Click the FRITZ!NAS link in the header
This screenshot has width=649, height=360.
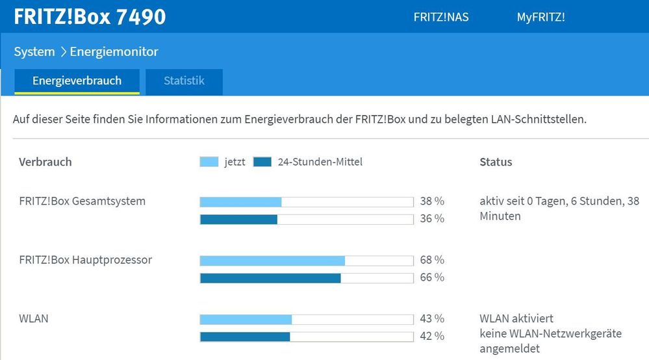[x=440, y=18]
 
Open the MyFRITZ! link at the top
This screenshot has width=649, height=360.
[x=541, y=18]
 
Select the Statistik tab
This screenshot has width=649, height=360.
[x=184, y=81]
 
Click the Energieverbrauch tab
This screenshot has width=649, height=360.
[x=77, y=81]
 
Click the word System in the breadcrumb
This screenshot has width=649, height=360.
[x=34, y=51]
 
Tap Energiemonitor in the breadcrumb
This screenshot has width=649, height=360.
[x=114, y=51]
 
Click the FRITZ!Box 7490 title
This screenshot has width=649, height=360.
[x=90, y=16]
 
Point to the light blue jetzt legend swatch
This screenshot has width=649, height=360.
[x=209, y=162]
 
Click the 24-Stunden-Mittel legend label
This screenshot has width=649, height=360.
[x=320, y=162]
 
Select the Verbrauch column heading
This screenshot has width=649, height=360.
[x=45, y=162]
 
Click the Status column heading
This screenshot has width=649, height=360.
[x=496, y=162]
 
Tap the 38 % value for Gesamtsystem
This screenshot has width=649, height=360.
[x=432, y=201]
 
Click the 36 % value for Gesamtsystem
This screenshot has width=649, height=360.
[x=432, y=219]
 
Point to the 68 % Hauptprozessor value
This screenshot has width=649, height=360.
[x=432, y=260]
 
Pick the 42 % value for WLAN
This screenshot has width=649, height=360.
[x=432, y=337]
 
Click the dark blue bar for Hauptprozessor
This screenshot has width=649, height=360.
[x=270, y=278]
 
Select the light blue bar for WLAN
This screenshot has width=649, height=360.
[x=246, y=320]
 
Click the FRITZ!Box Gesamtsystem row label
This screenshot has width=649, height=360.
[x=83, y=201]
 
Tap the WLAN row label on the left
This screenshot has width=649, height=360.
[x=34, y=319]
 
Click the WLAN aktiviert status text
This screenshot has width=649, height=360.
[x=516, y=319]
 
